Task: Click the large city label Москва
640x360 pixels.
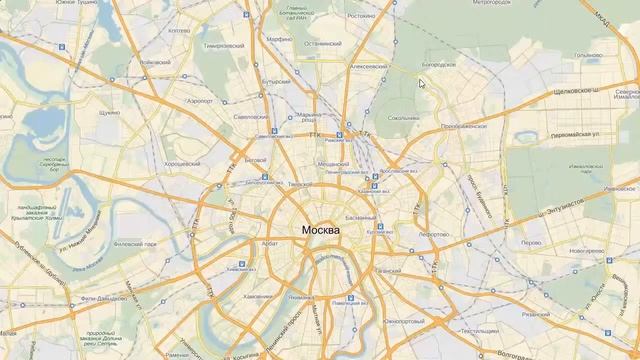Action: point(320,231)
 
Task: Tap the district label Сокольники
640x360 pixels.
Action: point(404,118)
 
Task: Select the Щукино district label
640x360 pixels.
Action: point(110,113)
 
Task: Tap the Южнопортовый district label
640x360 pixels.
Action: point(404,321)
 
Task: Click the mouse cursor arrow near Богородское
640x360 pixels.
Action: point(421,82)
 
